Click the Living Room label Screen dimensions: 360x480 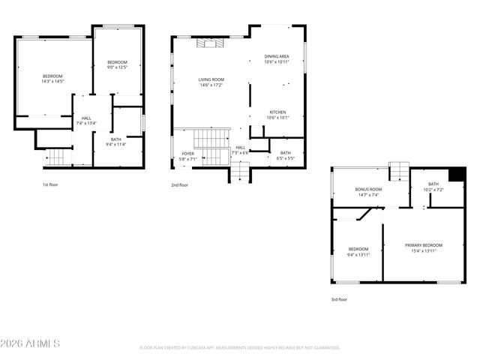211,79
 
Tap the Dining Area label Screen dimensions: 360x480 277,57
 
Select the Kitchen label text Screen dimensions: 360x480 277,112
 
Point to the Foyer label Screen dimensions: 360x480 187,154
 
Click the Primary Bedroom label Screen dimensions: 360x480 424,245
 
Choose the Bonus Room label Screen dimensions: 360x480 368,189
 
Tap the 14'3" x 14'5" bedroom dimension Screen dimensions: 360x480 52,81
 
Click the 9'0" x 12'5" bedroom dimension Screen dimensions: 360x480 117,67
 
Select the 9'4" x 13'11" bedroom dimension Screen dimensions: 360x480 358,254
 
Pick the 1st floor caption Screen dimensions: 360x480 50,184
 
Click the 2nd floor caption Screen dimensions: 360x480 179,184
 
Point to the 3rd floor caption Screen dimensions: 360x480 339,299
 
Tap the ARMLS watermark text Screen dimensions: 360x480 31,343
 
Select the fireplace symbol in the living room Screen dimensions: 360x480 209,43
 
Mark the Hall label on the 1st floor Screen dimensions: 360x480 86,118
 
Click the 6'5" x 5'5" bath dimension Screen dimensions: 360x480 286,158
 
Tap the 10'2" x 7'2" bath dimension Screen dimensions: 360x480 433,190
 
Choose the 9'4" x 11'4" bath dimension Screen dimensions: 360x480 115,144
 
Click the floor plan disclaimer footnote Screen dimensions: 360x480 240,347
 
